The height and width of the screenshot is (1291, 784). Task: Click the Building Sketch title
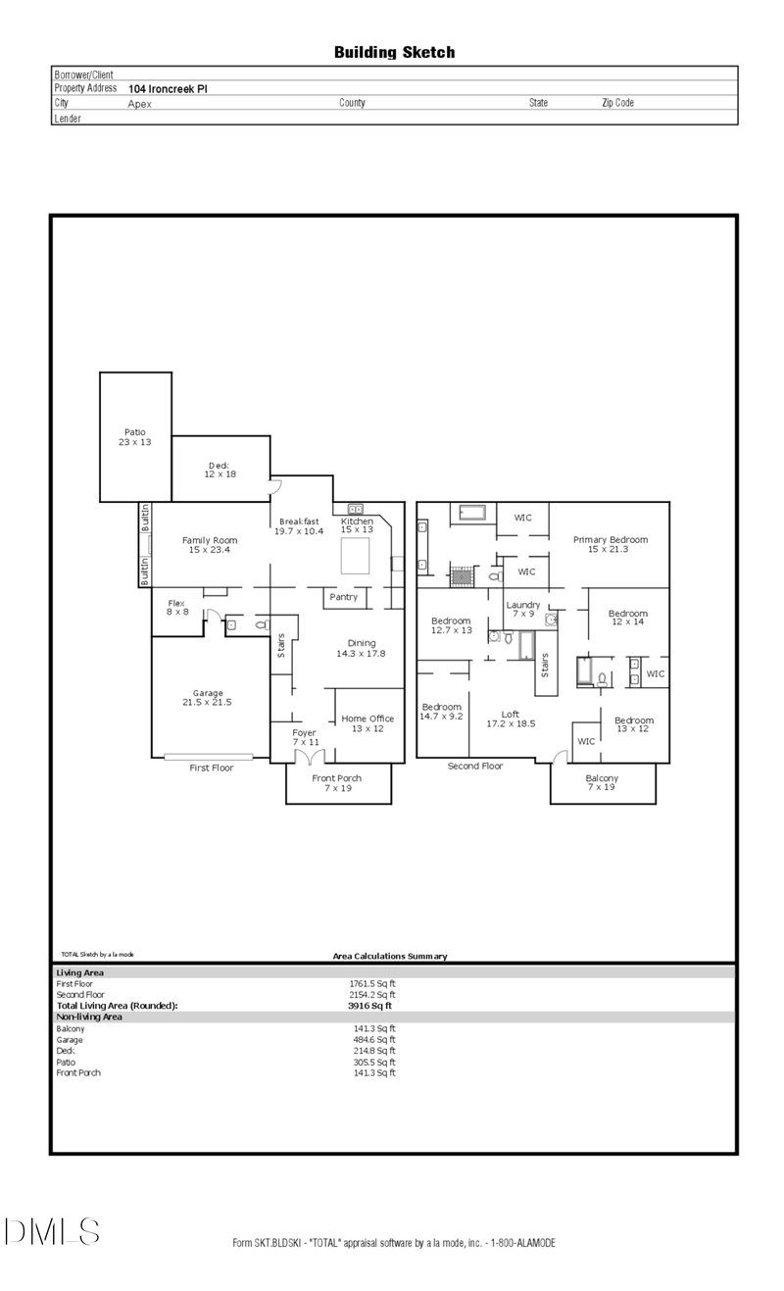point(394,52)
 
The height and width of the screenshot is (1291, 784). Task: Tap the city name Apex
point(140,103)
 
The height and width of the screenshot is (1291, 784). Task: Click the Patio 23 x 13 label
point(135,436)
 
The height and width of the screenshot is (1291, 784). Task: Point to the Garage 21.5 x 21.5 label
point(207,697)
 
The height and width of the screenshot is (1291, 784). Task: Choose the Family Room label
point(210,545)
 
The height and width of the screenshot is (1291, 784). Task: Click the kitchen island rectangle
point(358,556)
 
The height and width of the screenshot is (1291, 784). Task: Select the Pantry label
point(343,597)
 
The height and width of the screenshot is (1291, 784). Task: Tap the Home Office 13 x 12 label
point(367,723)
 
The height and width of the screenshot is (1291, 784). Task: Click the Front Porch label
point(337,782)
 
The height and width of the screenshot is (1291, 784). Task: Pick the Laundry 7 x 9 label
point(522,610)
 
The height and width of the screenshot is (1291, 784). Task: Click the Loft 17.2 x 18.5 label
point(511,719)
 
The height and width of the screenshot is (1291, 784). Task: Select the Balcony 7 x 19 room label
point(603,782)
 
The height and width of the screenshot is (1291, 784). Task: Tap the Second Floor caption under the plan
point(475,766)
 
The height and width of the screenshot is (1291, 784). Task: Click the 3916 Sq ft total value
point(370,1006)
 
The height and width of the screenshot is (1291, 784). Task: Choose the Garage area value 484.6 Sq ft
point(372,1039)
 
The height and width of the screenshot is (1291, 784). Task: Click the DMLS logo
point(51,1231)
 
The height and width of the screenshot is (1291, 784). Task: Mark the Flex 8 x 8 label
point(176,608)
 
